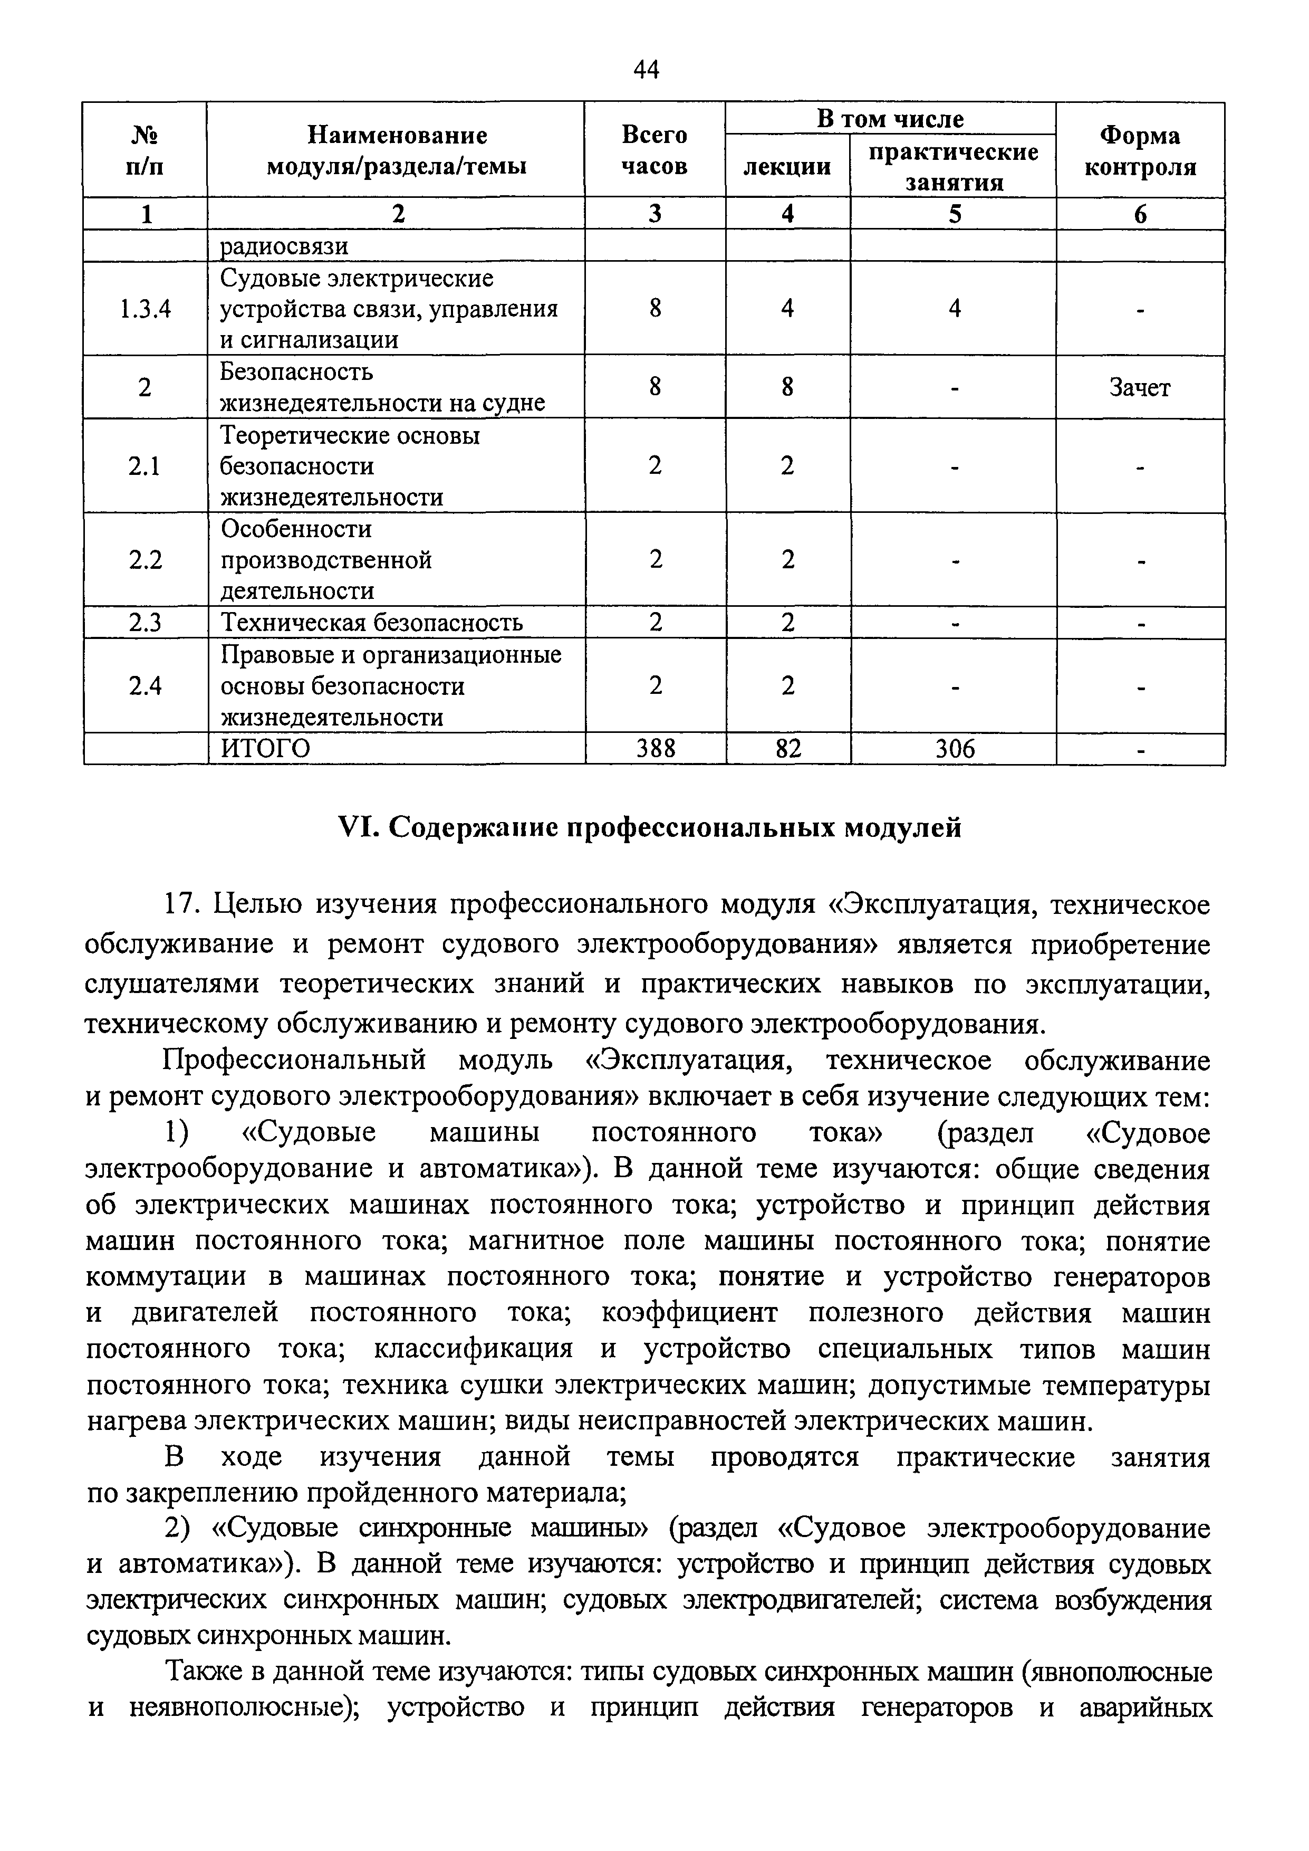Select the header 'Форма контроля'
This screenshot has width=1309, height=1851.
coord(1140,151)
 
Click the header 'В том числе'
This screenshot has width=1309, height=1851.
coord(890,119)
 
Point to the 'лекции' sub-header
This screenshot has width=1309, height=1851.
coord(787,167)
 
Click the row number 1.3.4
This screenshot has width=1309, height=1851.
coord(145,309)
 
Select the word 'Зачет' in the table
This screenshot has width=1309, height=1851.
coord(1140,388)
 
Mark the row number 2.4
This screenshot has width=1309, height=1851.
coord(145,686)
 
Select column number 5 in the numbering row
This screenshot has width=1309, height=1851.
coord(955,214)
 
